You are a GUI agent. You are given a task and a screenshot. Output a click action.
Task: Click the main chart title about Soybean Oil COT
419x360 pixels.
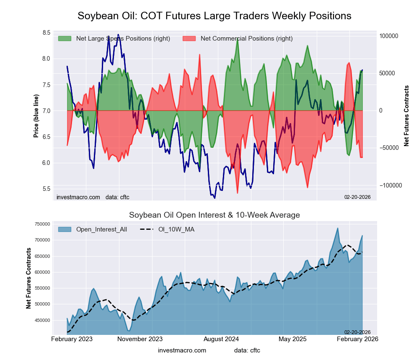coord(214,16)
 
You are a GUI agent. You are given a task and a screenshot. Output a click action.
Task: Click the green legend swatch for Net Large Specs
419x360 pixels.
coord(65,39)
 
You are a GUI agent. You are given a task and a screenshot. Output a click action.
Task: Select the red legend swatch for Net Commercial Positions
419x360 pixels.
coord(189,39)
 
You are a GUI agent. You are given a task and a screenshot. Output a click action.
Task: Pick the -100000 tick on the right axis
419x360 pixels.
coord(391,185)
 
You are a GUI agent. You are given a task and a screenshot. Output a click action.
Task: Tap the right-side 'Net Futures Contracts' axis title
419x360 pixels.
coord(406,116)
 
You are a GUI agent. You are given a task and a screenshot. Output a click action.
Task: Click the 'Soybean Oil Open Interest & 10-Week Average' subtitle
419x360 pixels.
coord(214,215)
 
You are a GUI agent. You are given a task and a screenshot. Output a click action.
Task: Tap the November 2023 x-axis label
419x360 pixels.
coord(140,339)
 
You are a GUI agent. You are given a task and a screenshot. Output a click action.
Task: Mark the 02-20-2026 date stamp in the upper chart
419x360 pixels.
coord(357,197)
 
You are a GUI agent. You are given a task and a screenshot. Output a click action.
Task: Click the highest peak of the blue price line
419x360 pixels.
coord(118,35)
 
